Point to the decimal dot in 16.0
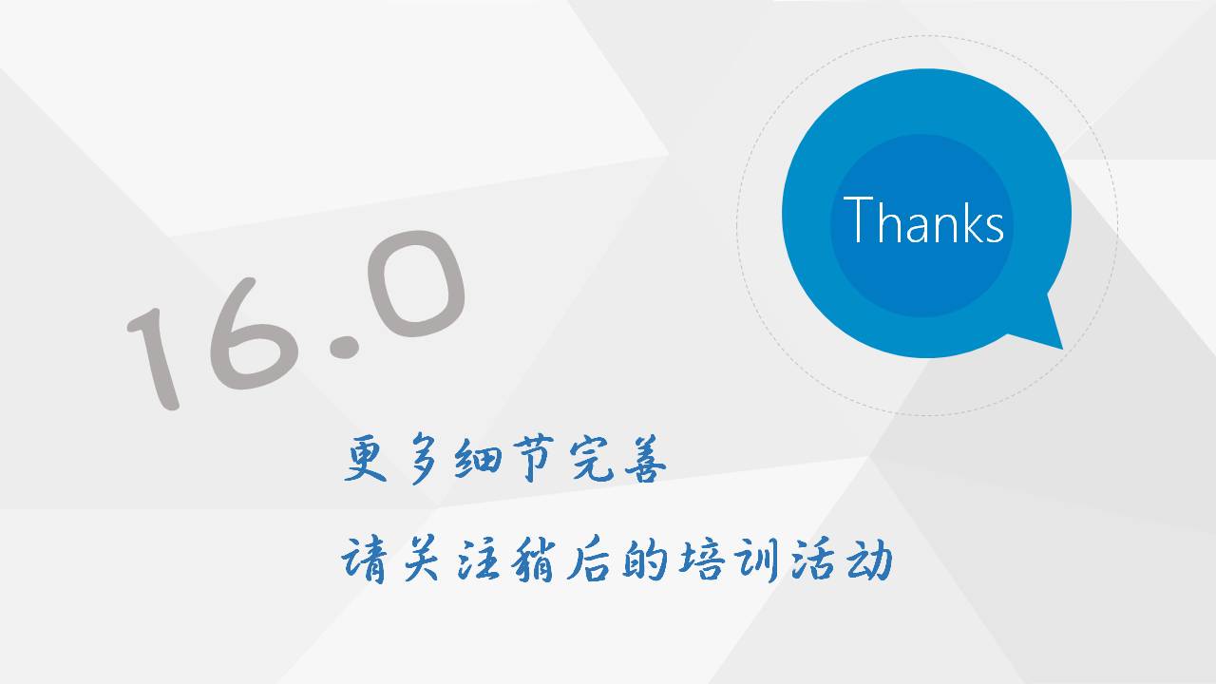344,348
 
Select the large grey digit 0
416,284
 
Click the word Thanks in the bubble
923,219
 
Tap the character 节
533,459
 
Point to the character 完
592,459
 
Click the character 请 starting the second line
364,560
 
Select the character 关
421,560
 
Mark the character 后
588,560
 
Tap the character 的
645,560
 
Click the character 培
701,560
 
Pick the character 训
757,560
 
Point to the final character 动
869,560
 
